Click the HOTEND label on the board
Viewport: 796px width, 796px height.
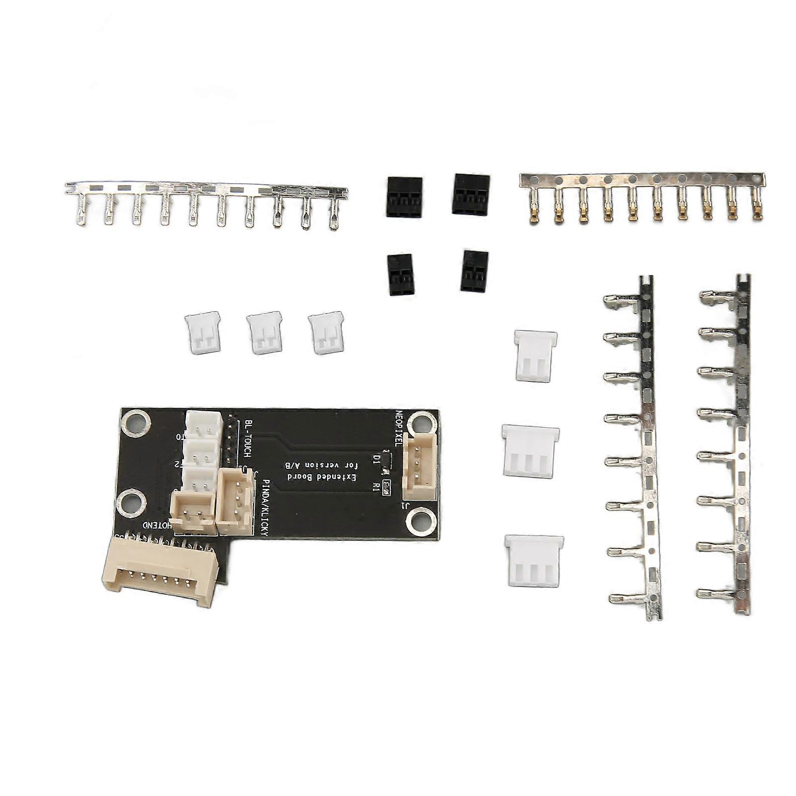(x=158, y=525)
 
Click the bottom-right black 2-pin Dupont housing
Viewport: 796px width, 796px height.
(x=474, y=271)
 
